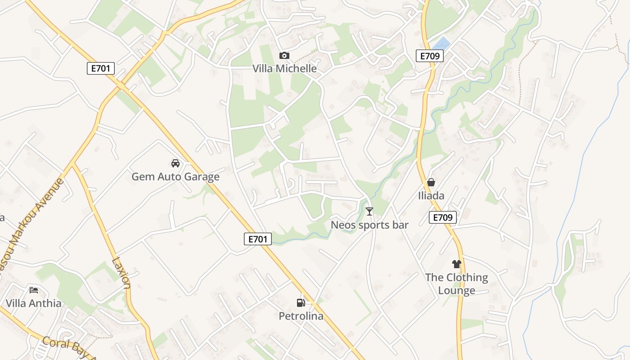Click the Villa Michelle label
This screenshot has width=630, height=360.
[284, 68]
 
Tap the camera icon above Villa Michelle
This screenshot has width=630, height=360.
[284, 55]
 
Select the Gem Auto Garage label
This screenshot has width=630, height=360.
[175, 176]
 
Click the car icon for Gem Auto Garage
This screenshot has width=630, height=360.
[175, 163]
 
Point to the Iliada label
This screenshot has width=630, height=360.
[431, 195]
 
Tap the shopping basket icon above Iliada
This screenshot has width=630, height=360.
[431, 182]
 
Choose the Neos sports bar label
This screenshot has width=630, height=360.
[369, 225]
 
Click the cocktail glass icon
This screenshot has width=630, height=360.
[369, 211]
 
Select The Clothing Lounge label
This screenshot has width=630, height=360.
[457, 283]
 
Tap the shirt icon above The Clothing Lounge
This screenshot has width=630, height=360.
[457, 264]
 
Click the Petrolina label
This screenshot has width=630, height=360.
[301, 316]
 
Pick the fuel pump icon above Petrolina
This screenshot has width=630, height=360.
[301, 302]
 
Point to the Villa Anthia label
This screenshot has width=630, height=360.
[34, 303]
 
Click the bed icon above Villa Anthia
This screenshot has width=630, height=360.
[34, 290]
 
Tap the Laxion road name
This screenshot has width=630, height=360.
[121, 273]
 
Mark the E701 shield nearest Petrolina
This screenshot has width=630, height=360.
[258, 239]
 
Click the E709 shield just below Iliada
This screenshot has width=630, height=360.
[443, 218]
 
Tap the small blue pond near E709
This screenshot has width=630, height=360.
[441, 44]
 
